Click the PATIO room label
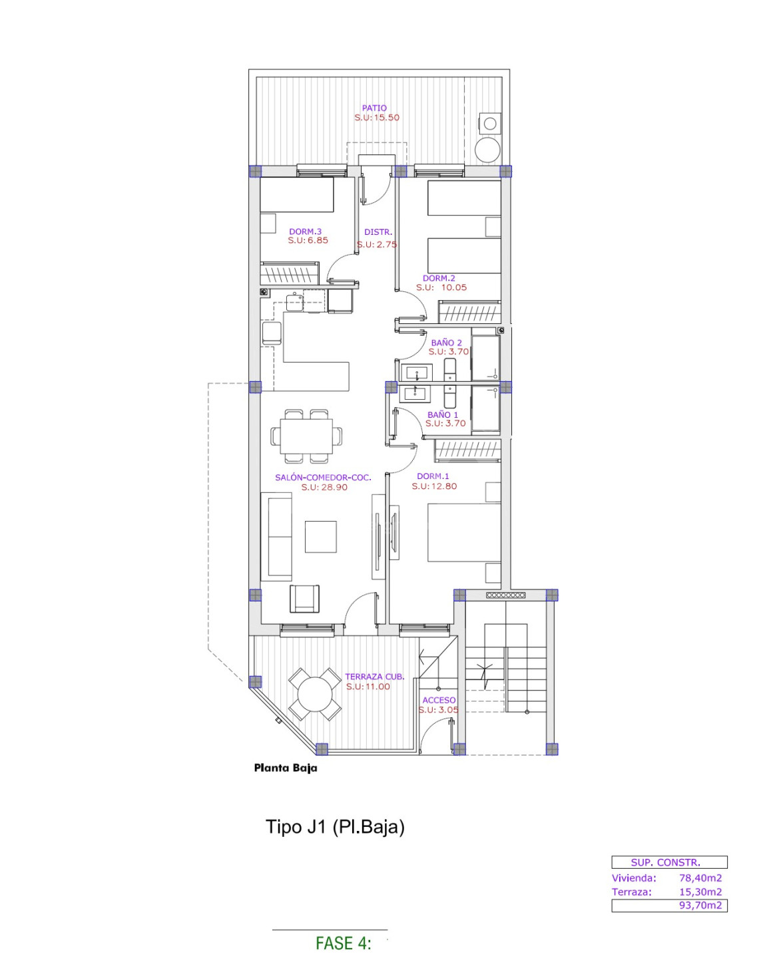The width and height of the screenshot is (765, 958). click(x=374, y=108)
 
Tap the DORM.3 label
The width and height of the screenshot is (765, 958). click(x=305, y=231)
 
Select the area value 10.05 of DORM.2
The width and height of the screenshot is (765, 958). click(x=453, y=287)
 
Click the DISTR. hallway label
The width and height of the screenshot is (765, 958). click(x=378, y=232)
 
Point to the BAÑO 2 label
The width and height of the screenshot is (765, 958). click(x=446, y=343)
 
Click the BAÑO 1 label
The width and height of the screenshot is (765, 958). click(x=443, y=414)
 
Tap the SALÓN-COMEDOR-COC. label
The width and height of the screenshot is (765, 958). click(x=322, y=477)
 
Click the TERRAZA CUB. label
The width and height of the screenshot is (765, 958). click(x=374, y=677)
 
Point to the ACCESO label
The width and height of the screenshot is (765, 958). click(x=439, y=701)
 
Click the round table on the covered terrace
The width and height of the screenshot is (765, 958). click(x=314, y=694)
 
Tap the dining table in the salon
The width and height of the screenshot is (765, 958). click(x=306, y=436)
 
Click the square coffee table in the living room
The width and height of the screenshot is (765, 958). click(x=320, y=536)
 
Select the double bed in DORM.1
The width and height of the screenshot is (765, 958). click(x=464, y=532)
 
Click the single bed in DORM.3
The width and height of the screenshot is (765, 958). click(x=296, y=195)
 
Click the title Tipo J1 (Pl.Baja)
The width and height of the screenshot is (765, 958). click(x=335, y=827)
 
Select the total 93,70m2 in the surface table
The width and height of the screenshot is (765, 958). click(x=700, y=905)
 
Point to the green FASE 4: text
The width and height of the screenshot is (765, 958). click(x=343, y=943)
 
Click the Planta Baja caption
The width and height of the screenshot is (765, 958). click(x=286, y=768)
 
